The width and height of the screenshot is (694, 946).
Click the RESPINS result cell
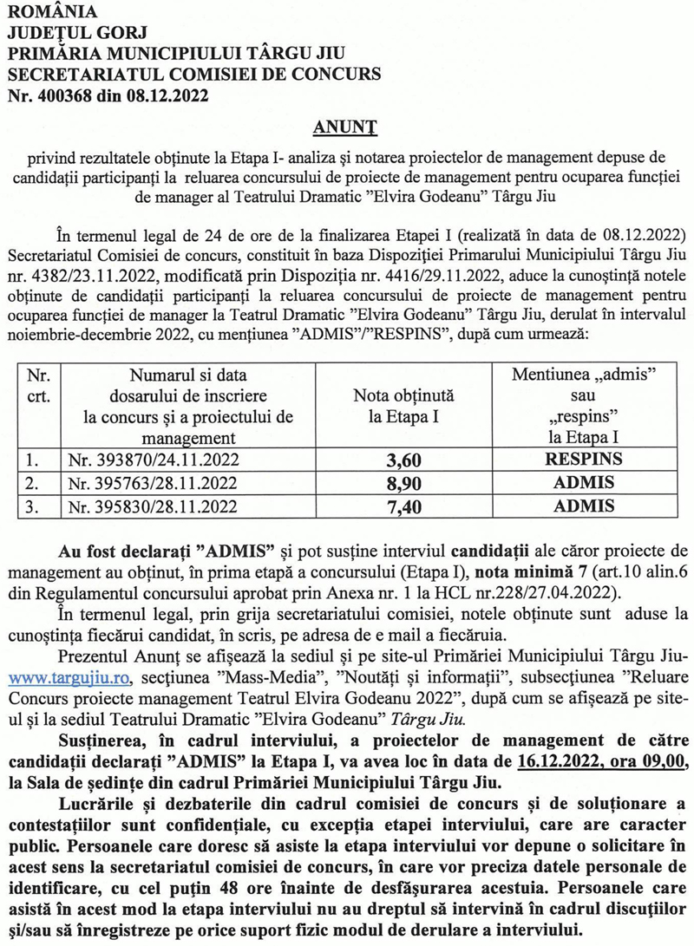click(x=583, y=460)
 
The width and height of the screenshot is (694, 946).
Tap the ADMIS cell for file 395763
click(x=583, y=483)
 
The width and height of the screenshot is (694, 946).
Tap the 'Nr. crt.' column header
click(x=39, y=386)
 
